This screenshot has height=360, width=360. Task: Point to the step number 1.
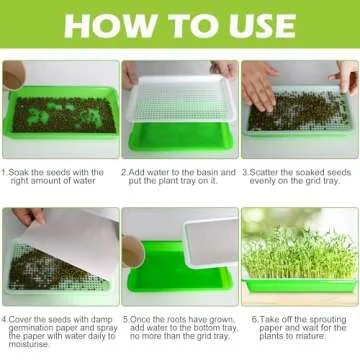[5, 172]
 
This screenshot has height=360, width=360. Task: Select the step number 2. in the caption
[125, 172]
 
